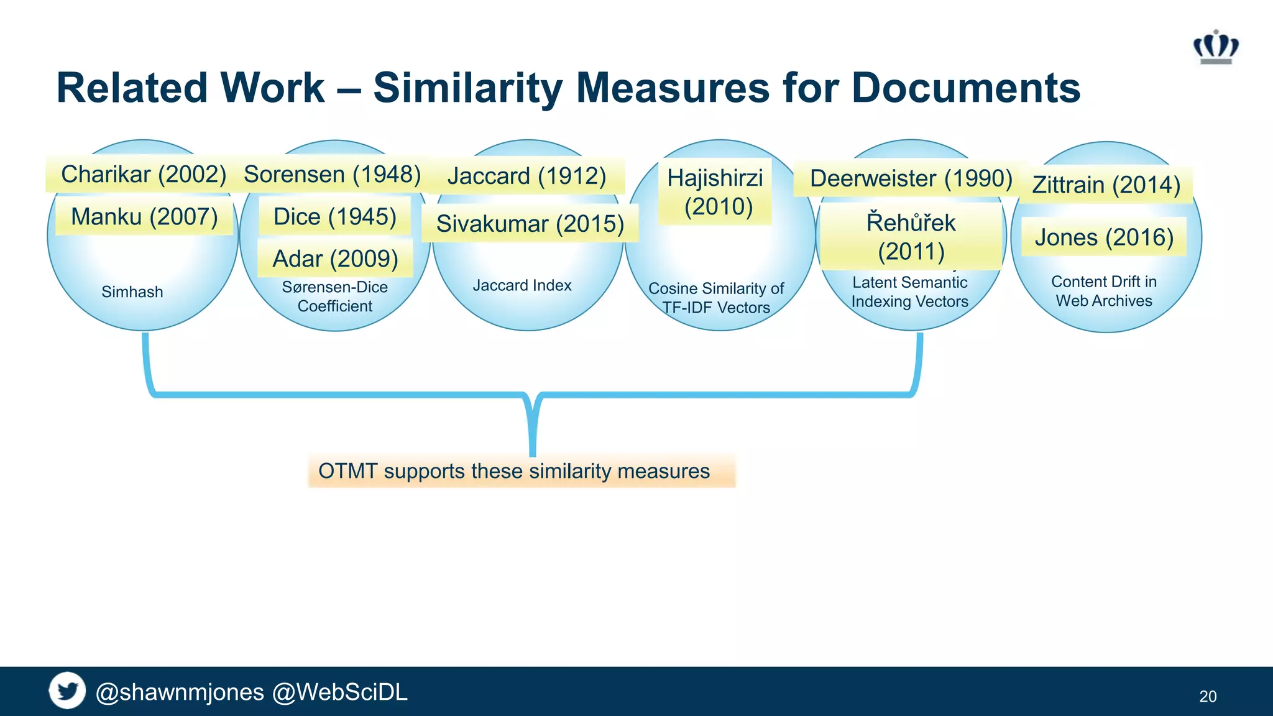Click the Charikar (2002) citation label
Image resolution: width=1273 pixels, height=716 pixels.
pos(143,174)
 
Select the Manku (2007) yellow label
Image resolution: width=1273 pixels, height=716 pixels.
pos(144,217)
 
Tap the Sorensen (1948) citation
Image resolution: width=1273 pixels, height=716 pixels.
pos(332,174)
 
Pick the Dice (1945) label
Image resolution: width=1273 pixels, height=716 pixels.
pos(334,217)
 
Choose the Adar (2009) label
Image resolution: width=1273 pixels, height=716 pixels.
pos(335,259)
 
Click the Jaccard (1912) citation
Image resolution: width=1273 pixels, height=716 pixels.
pos(526,176)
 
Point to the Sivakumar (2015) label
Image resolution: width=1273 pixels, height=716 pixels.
pos(530,224)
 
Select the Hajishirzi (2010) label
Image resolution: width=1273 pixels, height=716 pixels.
pos(715,192)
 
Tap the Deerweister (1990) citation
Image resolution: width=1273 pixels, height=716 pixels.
pos(911,178)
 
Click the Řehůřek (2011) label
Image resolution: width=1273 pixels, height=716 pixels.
pos(911,237)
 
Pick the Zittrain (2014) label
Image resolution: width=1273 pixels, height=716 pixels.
pos(1106,185)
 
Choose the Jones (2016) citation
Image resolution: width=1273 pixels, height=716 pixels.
pos(1104,237)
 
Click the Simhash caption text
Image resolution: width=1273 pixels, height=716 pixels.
pos(132,291)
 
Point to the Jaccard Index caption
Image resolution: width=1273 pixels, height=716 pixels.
pos(522,285)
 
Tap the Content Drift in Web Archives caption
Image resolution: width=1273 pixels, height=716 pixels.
pos(1104,291)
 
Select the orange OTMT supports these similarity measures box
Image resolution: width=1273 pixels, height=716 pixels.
pos(521,471)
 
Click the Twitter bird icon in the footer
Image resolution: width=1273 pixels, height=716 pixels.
pos(67,691)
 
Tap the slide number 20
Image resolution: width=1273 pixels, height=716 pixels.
pos(1208,696)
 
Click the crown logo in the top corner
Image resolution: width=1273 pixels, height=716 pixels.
pos(1216,47)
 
